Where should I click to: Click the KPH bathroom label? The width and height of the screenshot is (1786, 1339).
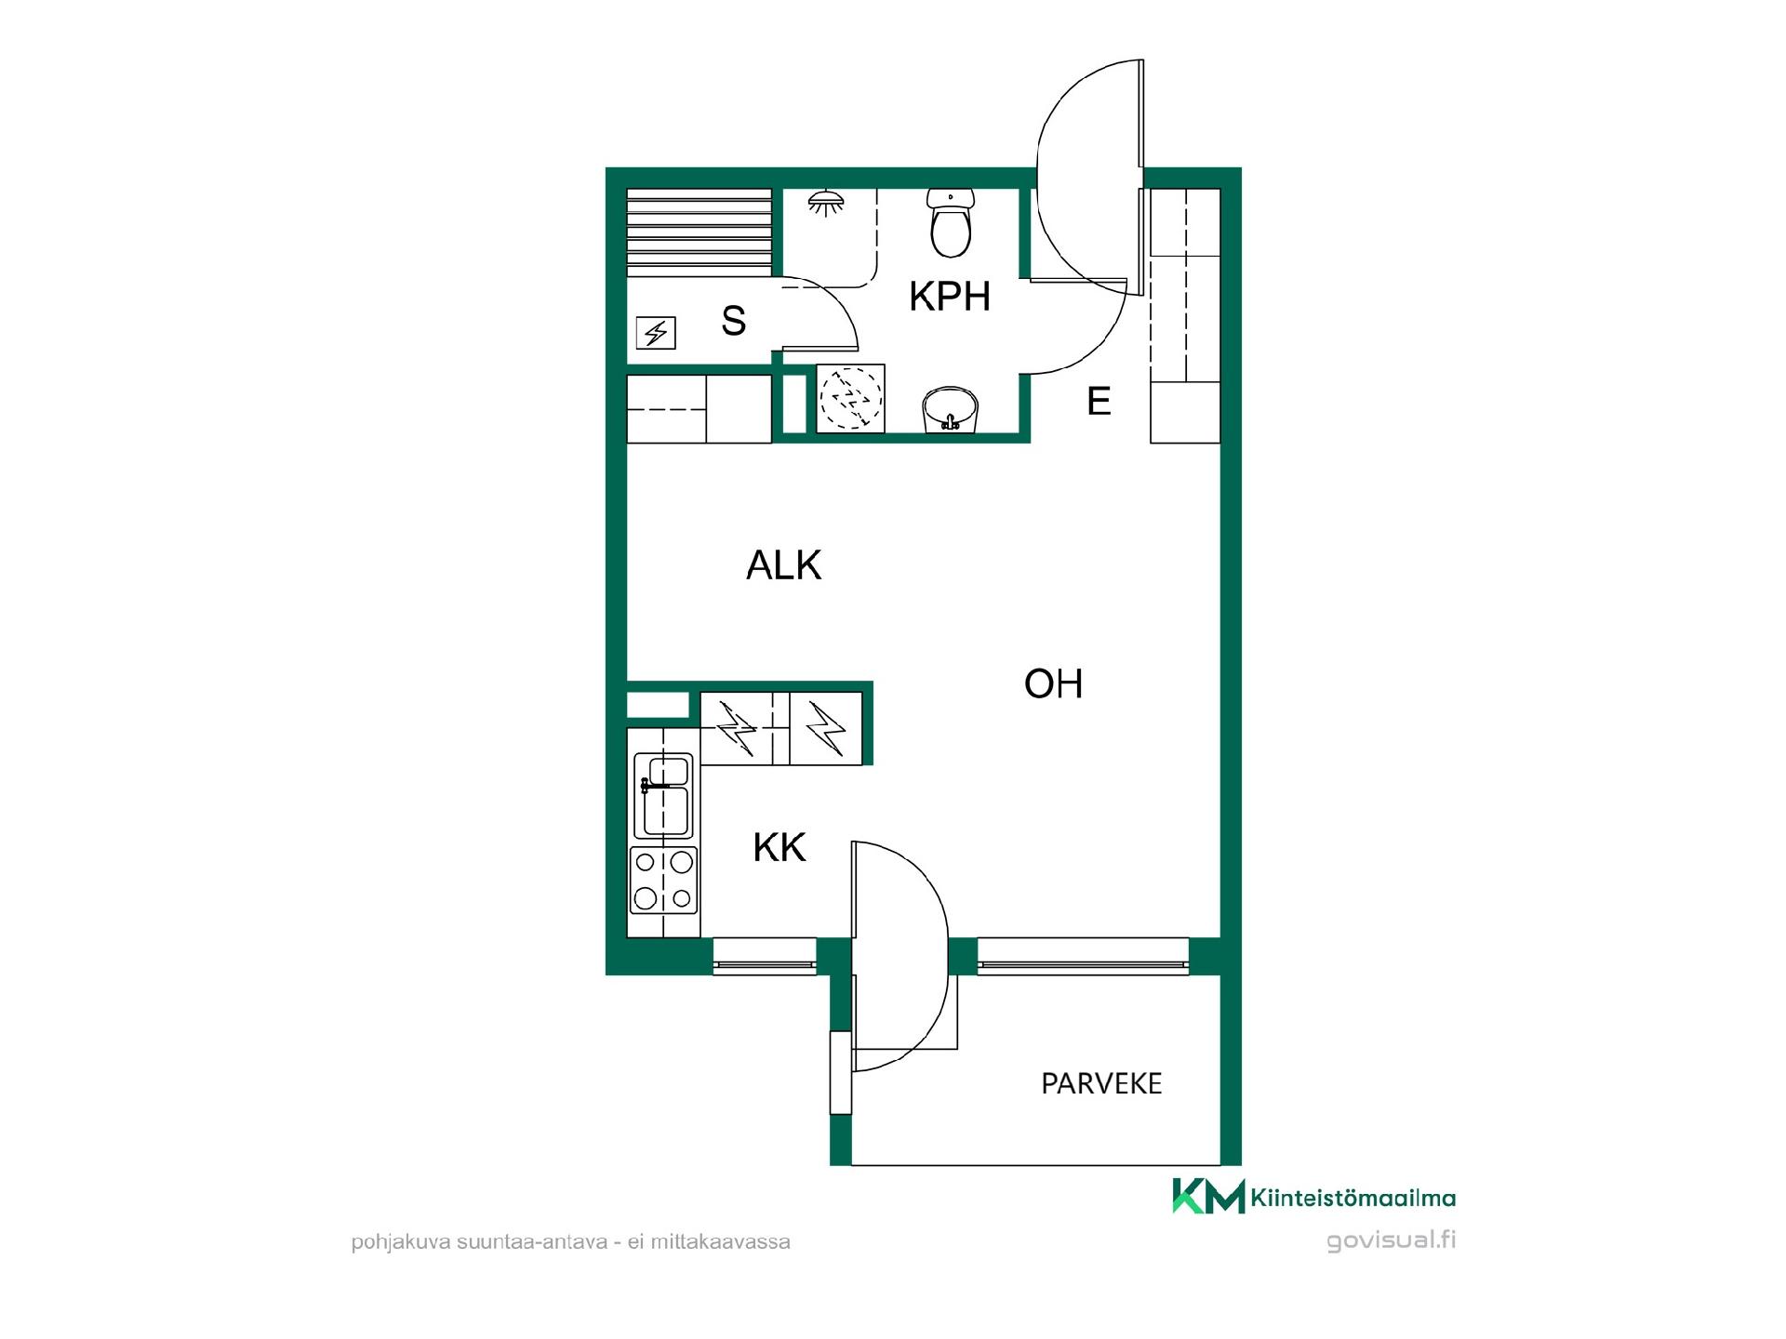point(949,297)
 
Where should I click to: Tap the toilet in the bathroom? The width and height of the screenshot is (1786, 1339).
point(950,223)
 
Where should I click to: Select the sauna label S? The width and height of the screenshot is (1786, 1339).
point(733,321)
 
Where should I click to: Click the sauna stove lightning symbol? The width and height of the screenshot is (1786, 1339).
point(656,333)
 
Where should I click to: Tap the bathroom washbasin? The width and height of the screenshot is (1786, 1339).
point(950,410)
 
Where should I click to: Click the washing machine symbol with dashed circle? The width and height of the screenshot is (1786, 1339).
point(850,399)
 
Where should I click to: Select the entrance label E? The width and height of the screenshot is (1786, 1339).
point(1099,401)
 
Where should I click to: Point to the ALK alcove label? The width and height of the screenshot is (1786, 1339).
point(783,565)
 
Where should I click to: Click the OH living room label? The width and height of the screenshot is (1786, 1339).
point(1053,684)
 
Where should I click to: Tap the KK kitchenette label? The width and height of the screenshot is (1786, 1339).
point(780,848)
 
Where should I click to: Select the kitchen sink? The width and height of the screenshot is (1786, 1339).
point(663,796)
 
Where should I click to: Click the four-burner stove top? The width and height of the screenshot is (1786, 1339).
point(663,880)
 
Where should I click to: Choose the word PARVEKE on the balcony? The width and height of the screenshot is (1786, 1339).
point(1101,1084)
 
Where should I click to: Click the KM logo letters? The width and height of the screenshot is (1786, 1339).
point(1208,1196)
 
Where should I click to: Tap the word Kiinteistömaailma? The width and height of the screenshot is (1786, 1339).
point(1353,1198)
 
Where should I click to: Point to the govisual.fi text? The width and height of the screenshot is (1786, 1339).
point(1392,1240)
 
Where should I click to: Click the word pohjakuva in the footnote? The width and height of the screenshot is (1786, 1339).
point(400,1242)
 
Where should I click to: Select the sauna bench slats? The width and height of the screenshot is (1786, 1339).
point(700,232)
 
